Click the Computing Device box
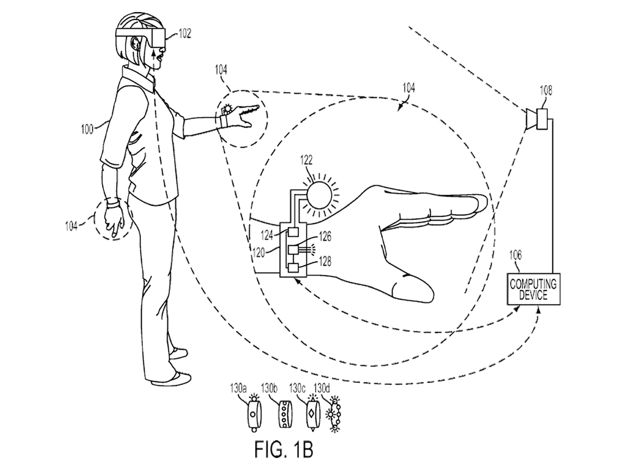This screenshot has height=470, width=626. pyautogui.click(x=533, y=289)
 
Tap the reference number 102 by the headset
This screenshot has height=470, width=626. pyautogui.click(x=185, y=33)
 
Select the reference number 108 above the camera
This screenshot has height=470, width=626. pyautogui.click(x=546, y=90)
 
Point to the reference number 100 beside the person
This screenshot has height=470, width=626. pyautogui.click(x=87, y=130)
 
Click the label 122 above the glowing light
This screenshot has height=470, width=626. pyautogui.click(x=306, y=160)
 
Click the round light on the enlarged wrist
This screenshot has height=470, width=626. pyautogui.click(x=319, y=195)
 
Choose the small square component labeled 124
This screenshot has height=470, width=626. pyautogui.click(x=293, y=232)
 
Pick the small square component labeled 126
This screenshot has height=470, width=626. pyautogui.click(x=293, y=250)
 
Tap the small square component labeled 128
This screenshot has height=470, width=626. pyautogui.click(x=293, y=268)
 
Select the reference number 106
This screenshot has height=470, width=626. pyautogui.click(x=515, y=255)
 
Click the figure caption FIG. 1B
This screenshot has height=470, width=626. pyautogui.click(x=283, y=450)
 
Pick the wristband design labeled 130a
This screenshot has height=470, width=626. pyautogui.click(x=254, y=413)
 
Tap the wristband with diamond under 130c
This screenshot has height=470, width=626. pyautogui.click(x=313, y=414)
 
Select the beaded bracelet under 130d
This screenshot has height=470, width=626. pyautogui.click(x=335, y=413)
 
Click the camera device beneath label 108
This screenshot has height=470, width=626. pyautogui.click(x=537, y=119)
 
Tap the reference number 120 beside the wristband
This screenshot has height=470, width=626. pyautogui.click(x=259, y=253)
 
